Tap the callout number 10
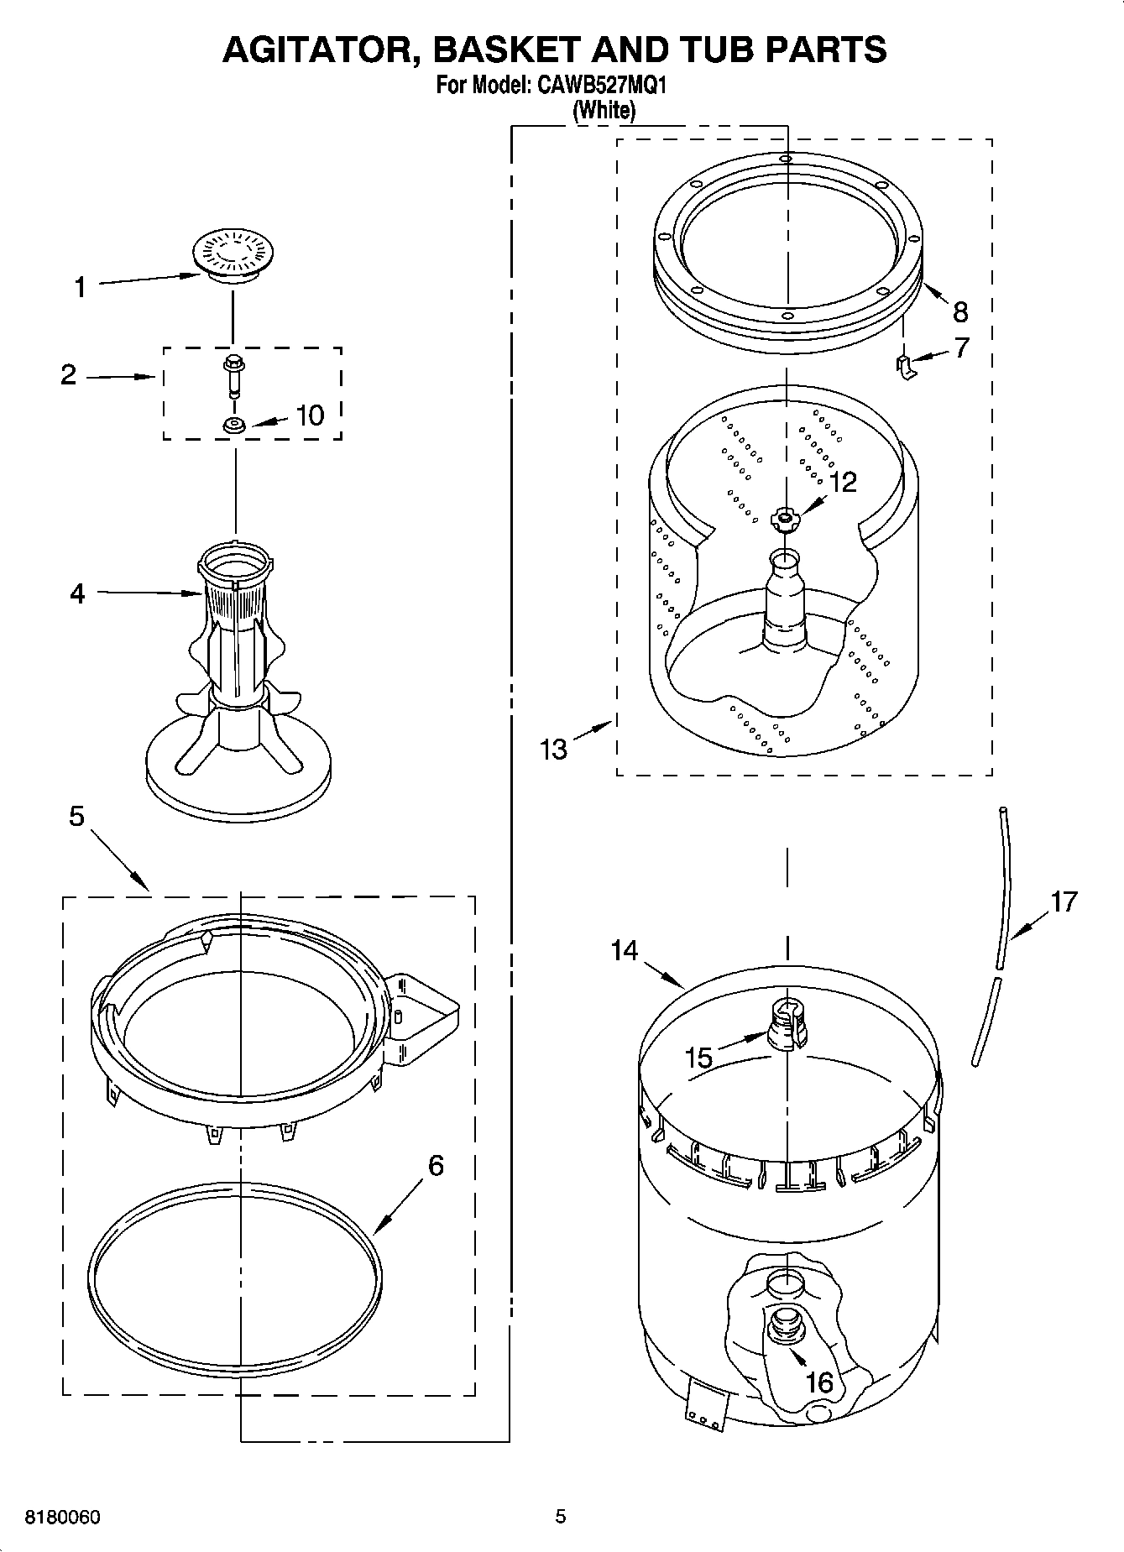point(310,415)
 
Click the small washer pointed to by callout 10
point(233,426)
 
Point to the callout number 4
point(77,594)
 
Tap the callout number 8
point(960,312)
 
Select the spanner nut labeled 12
point(784,519)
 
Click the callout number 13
point(554,749)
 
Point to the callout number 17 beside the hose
point(1064,902)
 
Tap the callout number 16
point(819,1382)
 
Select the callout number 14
point(625,951)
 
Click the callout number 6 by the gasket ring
point(435,1165)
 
